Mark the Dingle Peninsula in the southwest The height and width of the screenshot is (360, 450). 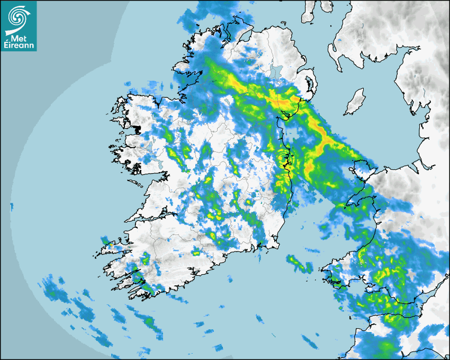[x=114, y=247]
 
